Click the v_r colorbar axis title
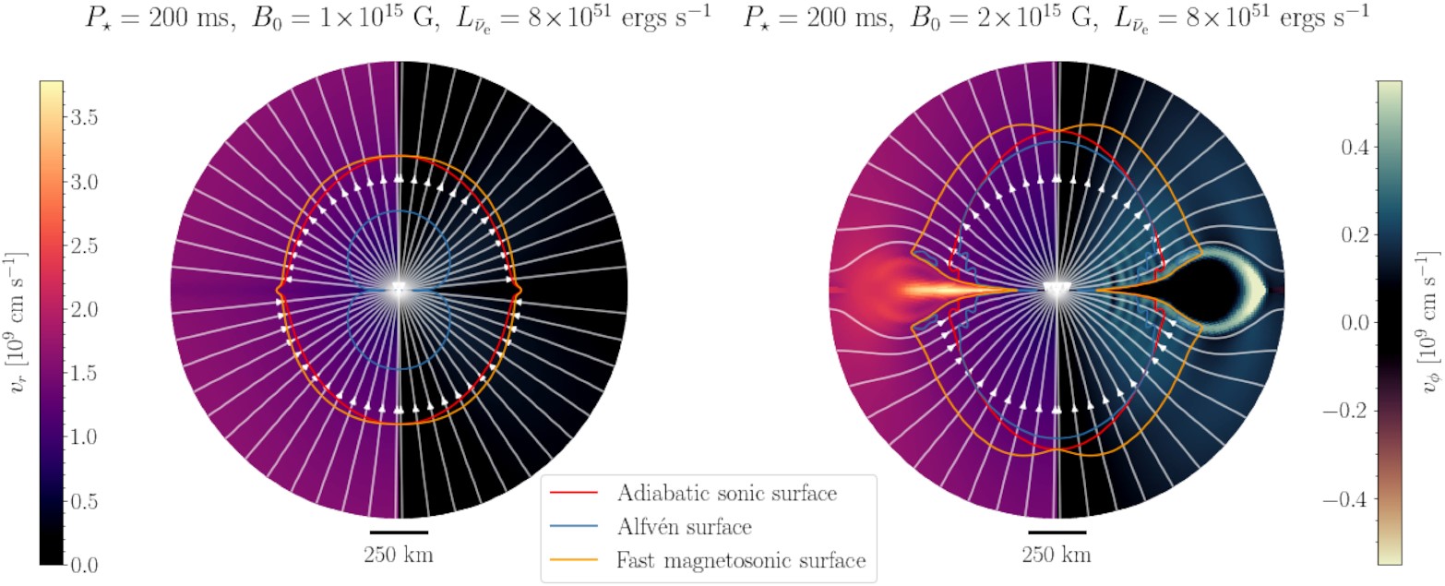point(16,322)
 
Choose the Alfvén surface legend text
point(683,527)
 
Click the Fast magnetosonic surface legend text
point(740,560)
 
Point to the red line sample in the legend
point(575,494)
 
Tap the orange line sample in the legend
point(575,561)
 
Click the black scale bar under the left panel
point(399,532)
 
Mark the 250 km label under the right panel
point(1057,556)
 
